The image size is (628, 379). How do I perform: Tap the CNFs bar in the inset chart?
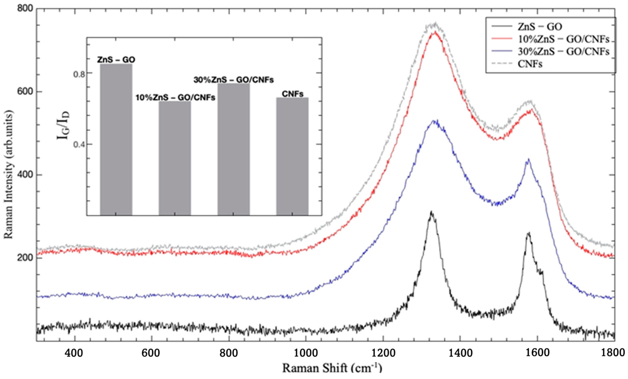tap(292, 156)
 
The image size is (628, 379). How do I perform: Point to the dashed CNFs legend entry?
tap(530, 64)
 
